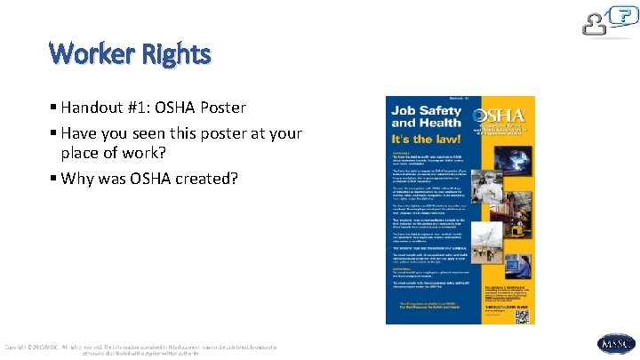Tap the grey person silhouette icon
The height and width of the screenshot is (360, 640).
pyautogui.click(x=595, y=25)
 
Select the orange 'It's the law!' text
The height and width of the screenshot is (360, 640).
pyautogui.click(x=428, y=140)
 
